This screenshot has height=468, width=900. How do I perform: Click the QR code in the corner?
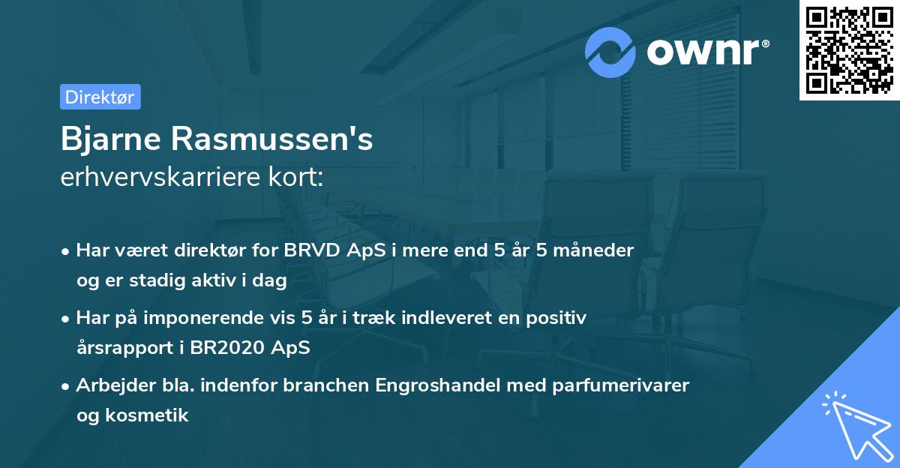849,50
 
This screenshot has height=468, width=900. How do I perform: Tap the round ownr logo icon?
610,52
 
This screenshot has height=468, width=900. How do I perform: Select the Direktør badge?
100,97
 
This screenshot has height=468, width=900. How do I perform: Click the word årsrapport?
124,348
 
